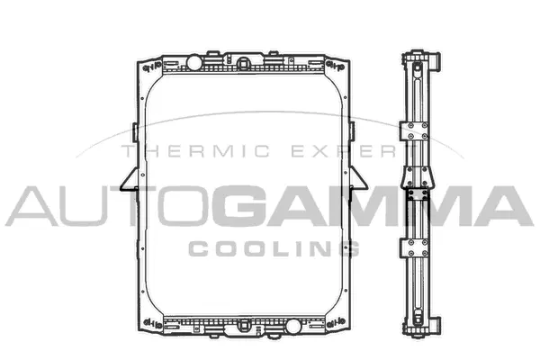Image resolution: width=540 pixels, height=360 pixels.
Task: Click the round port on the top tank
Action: [193, 62]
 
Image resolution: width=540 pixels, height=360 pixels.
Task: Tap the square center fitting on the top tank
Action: [244, 64]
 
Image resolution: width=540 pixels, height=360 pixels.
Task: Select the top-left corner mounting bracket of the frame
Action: [147, 66]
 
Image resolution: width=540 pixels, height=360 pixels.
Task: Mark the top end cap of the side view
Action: [420, 60]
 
